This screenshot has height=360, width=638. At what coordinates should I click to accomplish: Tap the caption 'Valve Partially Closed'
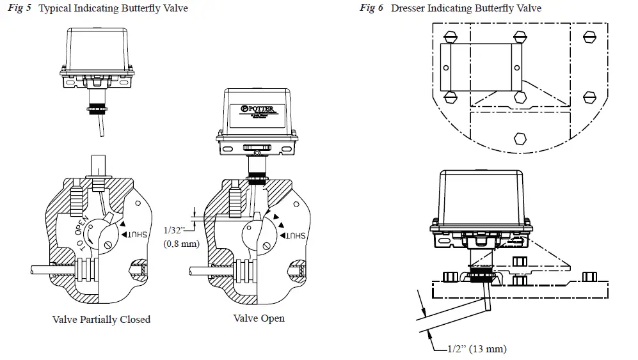tap(101, 319)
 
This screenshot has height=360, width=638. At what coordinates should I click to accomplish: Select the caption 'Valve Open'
tap(259, 318)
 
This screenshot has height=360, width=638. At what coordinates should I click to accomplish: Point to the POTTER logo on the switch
tap(257, 109)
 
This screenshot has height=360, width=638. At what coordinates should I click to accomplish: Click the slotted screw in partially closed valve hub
tap(108, 243)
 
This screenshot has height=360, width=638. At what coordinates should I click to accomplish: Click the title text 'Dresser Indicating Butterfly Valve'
tap(466, 8)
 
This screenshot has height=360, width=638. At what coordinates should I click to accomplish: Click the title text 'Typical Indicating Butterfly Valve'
tap(113, 8)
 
